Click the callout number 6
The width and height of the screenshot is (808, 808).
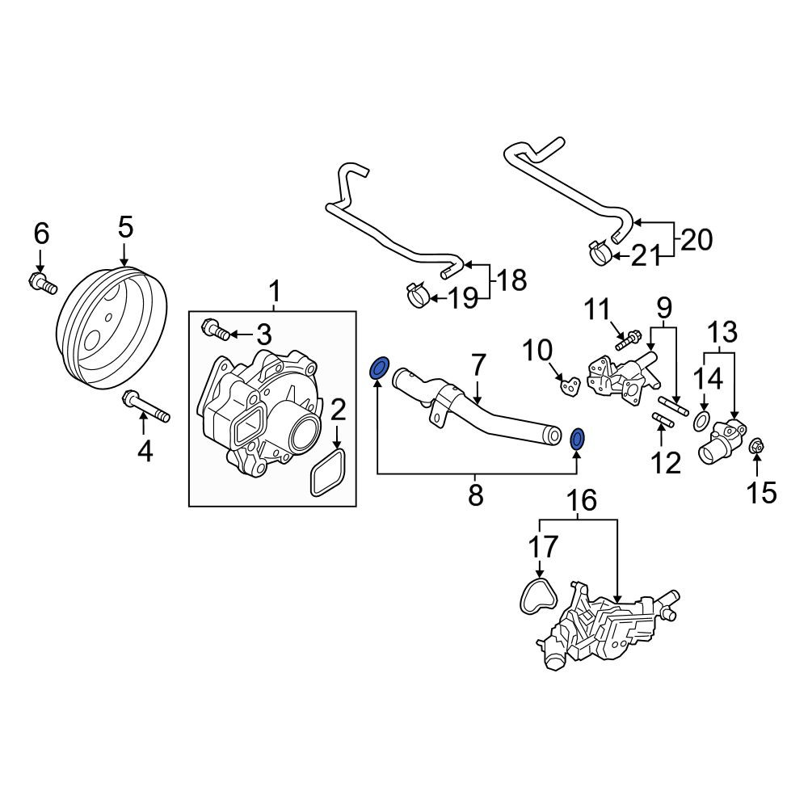click(x=41, y=234)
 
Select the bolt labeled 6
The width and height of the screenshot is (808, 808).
click(x=42, y=283)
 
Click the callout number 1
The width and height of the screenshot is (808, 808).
click(x=276, y=292)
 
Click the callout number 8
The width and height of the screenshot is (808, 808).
click(x=476, y=495)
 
